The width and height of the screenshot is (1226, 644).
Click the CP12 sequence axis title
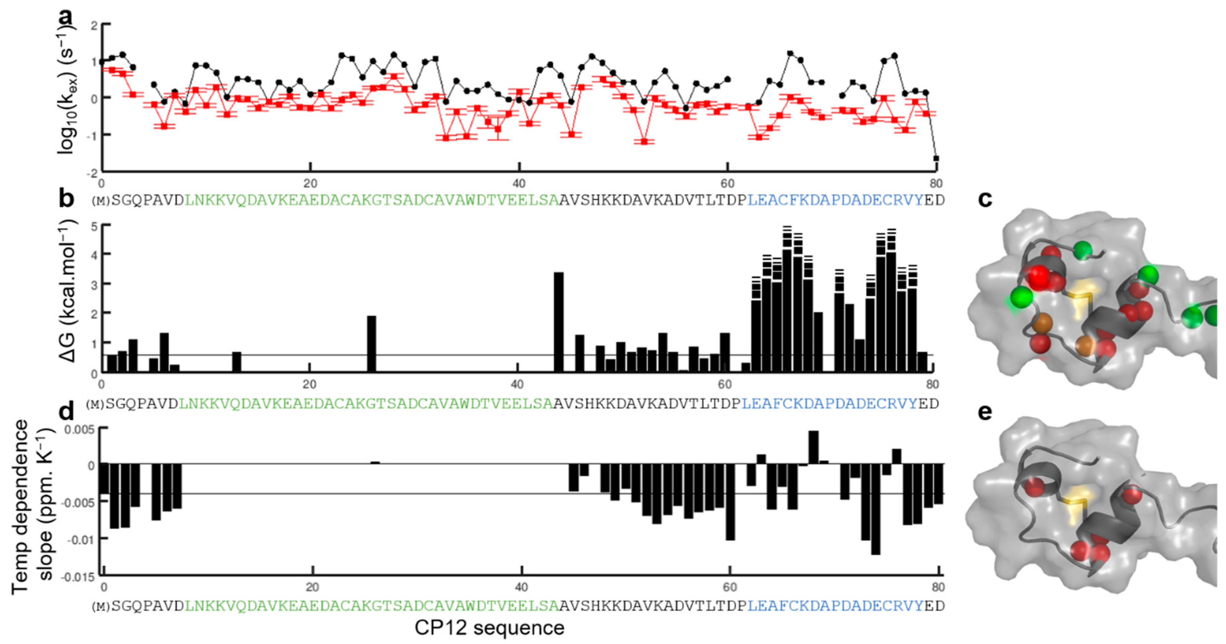click(x=489, y=628)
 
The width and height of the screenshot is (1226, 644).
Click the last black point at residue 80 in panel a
click(x=936, y=158)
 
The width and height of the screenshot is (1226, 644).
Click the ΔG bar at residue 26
click(x=371, y=343)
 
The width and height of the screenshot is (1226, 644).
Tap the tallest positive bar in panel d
click(x=813, y=447)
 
